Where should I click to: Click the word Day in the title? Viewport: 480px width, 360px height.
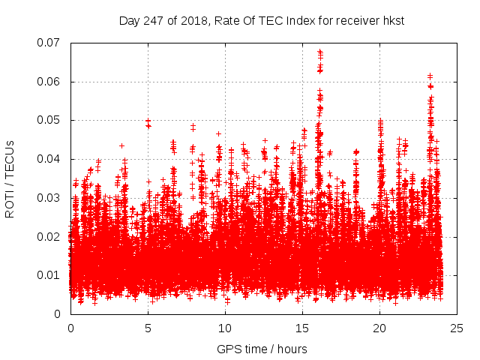point(129,21)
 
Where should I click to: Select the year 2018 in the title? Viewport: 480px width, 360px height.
point(190,21)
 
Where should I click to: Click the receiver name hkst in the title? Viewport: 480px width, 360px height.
point(392,21)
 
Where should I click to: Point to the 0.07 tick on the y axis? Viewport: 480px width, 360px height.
point(52,43)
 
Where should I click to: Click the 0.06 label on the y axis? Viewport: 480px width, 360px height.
point(52,82)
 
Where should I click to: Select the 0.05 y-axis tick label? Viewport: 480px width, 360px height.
point(52,120)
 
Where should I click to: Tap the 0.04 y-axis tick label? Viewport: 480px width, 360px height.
point(52,159)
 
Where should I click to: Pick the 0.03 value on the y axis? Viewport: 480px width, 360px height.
point(52,198)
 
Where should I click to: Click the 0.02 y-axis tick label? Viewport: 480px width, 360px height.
point(52,237)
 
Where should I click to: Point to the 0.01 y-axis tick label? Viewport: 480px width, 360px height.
point(52,275)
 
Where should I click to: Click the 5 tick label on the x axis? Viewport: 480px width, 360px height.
point(148,328)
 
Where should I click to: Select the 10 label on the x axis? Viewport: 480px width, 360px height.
point(225,328)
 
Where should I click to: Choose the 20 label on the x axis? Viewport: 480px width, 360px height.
point(380,328)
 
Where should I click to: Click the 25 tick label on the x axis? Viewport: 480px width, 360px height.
point(457,328)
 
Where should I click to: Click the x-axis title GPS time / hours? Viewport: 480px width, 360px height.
point(262,349)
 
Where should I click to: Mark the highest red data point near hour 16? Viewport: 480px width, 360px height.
point(320,52)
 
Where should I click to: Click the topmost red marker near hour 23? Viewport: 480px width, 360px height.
point(430,76)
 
